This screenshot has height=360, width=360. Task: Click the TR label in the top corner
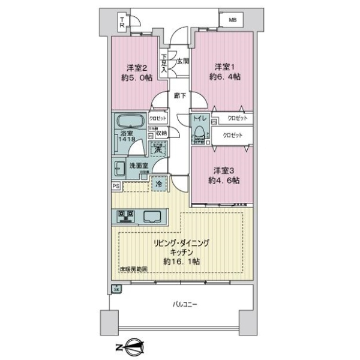click(x=121, y=23)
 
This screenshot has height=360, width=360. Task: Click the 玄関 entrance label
click(x=182, y=61)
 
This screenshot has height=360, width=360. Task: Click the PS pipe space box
click(x=115, y=186)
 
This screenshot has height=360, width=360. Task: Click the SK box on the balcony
click(x=116, y=290)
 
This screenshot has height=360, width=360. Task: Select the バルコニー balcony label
click(x=184, y=305)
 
